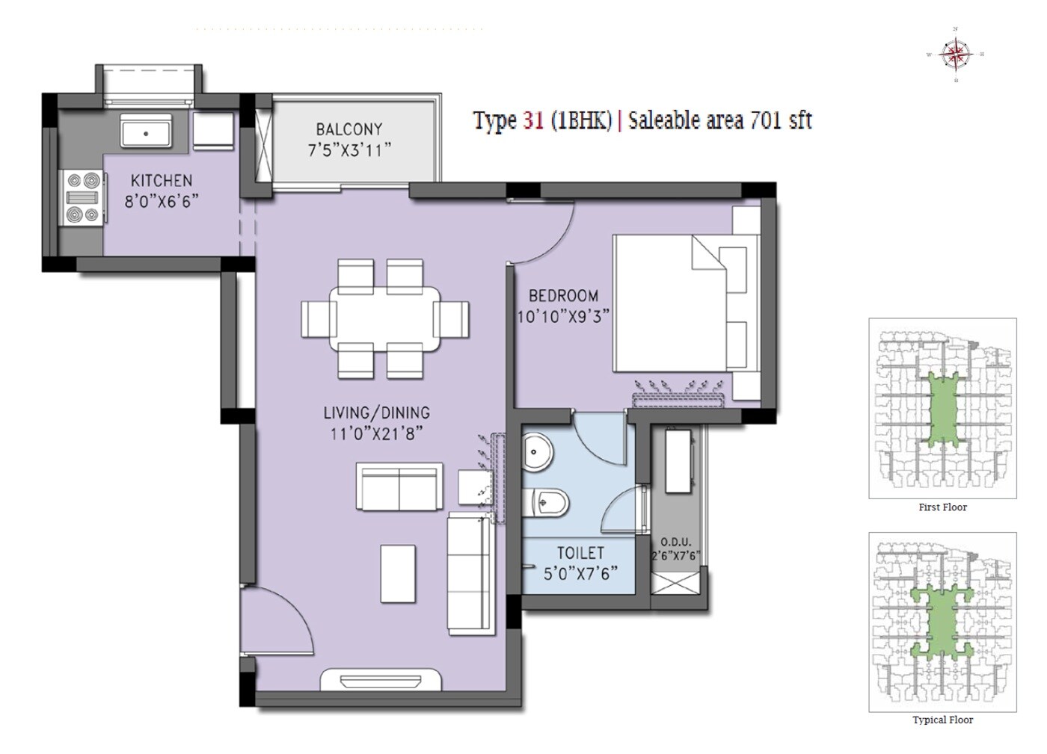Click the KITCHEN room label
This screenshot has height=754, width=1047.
point(162,180)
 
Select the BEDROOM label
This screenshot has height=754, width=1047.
point(563,295)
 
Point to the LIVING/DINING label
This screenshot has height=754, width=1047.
point(376,412)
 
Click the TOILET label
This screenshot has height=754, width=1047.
point(580,553)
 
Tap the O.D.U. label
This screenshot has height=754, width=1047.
point(675,542)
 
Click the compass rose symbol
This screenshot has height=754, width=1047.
point(955,54)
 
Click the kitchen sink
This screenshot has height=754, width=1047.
point(147,132)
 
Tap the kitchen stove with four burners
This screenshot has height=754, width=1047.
point(83,197)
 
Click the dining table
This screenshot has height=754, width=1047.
point(385,319)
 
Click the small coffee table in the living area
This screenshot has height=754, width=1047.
point(398,573)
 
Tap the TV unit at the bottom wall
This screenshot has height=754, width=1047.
point(381,680)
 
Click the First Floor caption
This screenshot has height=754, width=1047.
point(942,507)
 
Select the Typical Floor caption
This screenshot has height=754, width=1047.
point(942,720)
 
